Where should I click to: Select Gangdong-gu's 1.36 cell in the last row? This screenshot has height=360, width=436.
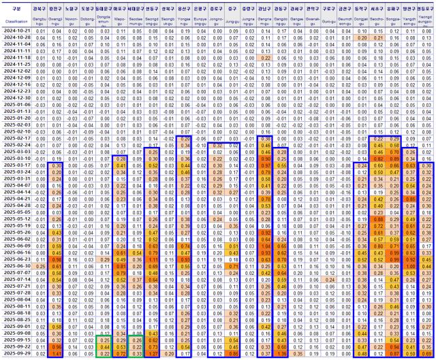[x=281, y=354]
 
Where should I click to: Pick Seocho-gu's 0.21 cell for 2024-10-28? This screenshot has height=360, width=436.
[x=377, y=38]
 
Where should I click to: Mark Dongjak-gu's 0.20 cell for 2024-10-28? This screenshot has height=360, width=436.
[x=362, y=38]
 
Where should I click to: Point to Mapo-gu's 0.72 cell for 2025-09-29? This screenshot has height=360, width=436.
[x=121, y=354]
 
